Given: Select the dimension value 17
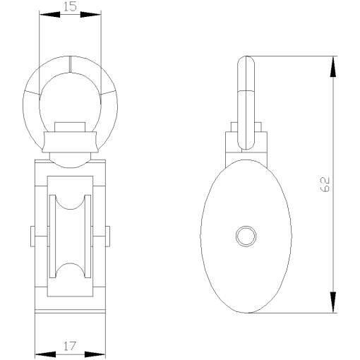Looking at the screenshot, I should click(x=69, y=346).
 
